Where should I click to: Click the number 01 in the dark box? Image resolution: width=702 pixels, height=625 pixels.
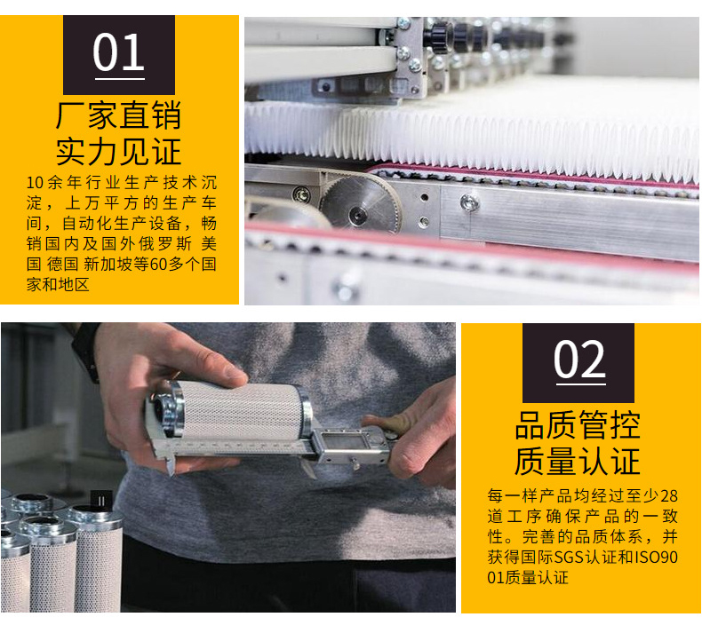click(119, 51)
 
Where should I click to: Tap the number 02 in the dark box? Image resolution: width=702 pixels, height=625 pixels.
click(579, 360)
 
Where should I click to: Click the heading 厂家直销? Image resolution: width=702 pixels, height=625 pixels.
click(119, 115)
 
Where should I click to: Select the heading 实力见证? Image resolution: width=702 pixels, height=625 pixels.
click(119, 152)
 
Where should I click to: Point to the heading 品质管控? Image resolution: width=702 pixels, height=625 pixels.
click(578, 425)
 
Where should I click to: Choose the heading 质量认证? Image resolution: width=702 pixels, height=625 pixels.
click(578, 462)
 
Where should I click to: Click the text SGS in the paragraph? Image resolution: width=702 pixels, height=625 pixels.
click(569, 557)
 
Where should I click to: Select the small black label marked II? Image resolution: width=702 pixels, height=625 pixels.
click(101, 501)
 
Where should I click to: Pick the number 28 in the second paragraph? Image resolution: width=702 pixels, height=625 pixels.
click(669, 495)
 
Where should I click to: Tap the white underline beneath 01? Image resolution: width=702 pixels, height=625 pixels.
click(120, 79)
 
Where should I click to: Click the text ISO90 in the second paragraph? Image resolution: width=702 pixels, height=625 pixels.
click(656, 557)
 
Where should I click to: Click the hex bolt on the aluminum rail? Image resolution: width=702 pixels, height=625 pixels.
click(469, 203)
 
